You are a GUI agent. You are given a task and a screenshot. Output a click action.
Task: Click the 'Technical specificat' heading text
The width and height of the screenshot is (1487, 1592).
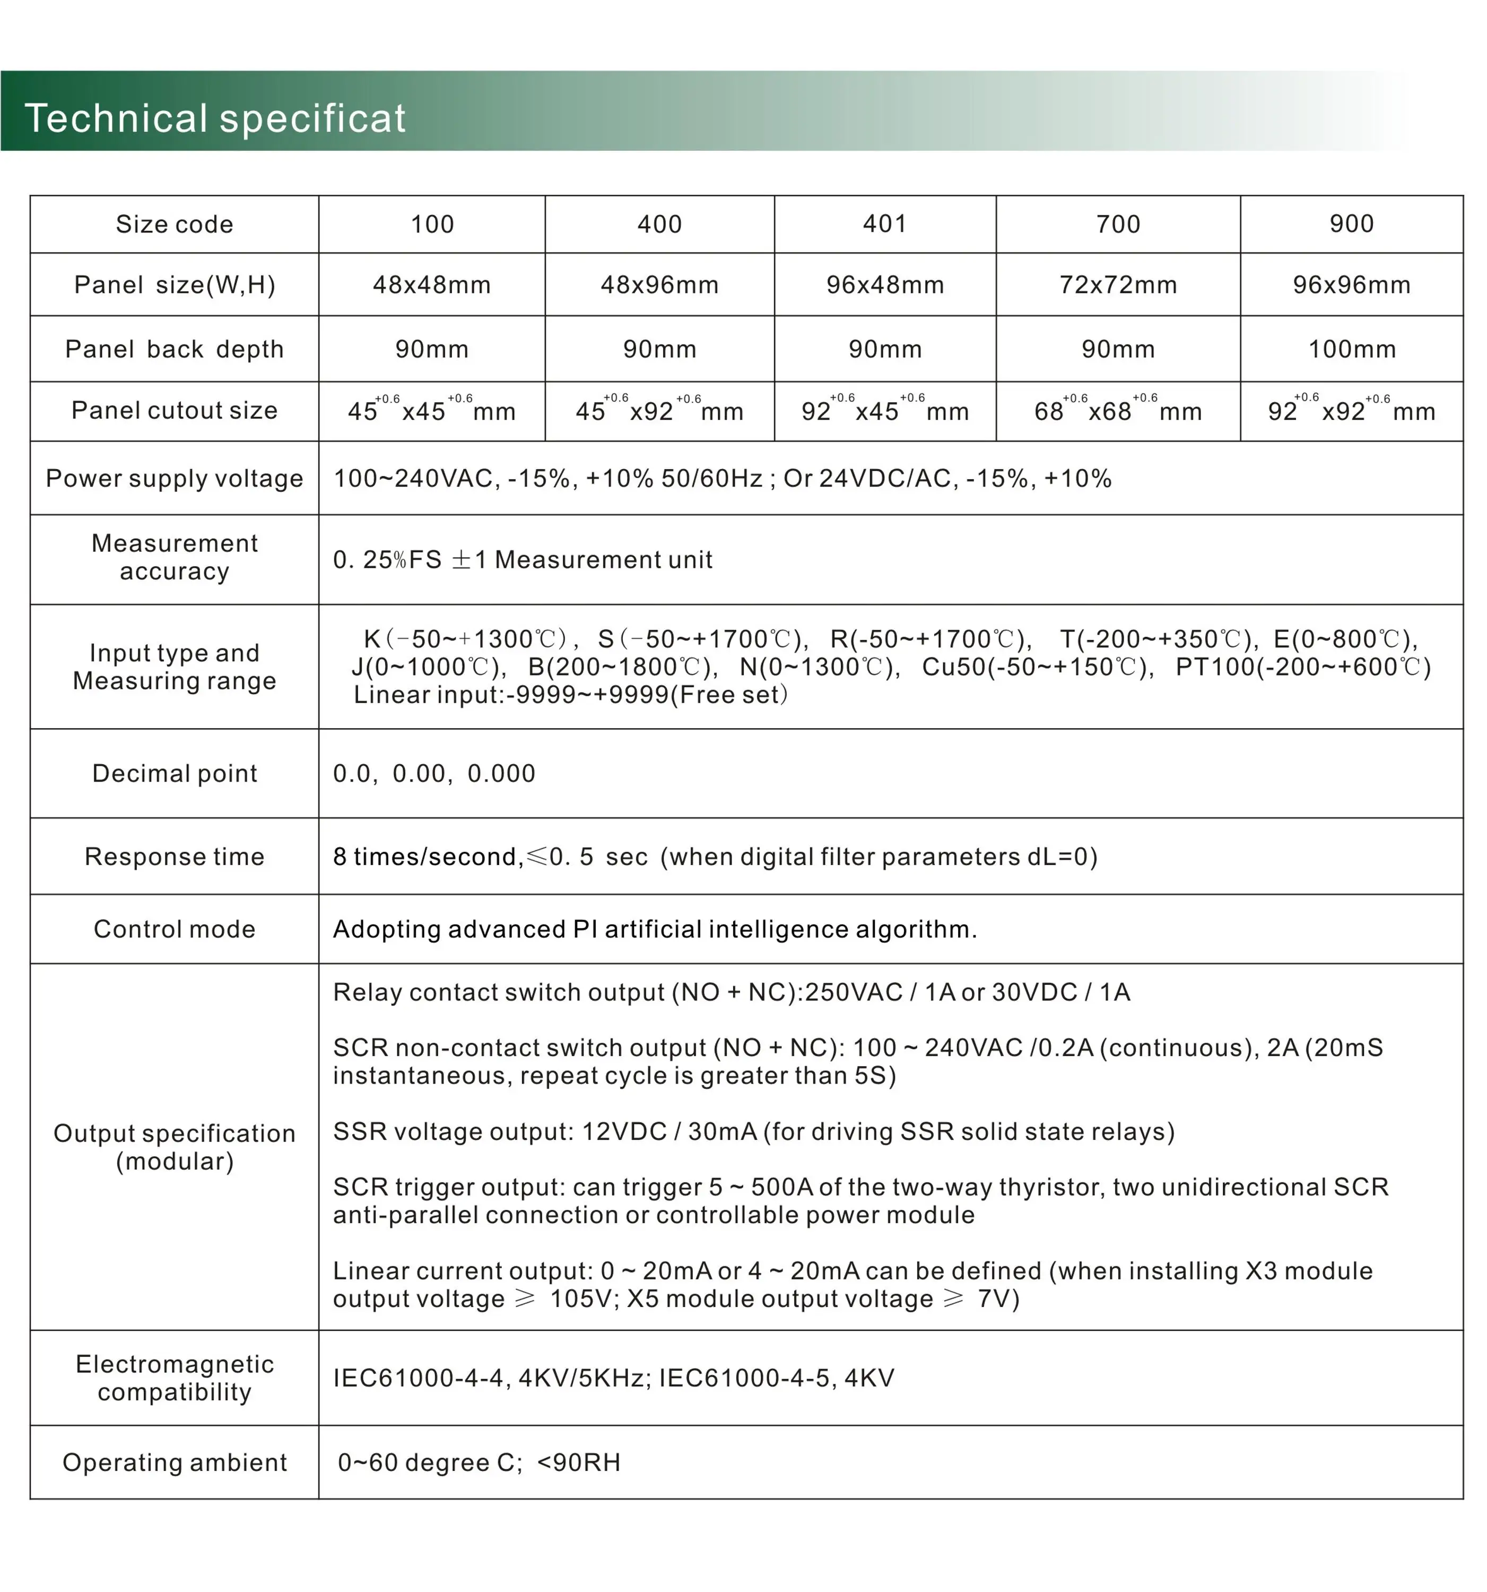pyautogui.click(x=215, y=118)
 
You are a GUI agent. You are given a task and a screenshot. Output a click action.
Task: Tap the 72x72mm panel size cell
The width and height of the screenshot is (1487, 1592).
pyautogui.click(x=1117, y=285)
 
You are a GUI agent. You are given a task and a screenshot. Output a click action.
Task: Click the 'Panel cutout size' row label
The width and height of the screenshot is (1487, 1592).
pyautogui.click(x=174, y=410)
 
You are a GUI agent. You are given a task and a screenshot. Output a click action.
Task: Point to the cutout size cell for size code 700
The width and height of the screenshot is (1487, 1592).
pyautogui.click(x=1117, y=411)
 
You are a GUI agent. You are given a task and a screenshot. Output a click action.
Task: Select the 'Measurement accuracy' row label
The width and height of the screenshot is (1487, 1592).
pyautogui.click(x=174, y=557)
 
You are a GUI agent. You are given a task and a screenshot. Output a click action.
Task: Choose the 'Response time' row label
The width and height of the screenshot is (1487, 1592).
pyautogui.click(x=174, y=857)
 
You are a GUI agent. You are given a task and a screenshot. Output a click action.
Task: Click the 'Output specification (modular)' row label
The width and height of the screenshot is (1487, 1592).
pyautogui.click(x=174, y=1147)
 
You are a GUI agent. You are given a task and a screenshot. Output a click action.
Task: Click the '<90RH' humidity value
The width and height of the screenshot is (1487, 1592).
pyautogui.click(x=578, y=1463)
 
